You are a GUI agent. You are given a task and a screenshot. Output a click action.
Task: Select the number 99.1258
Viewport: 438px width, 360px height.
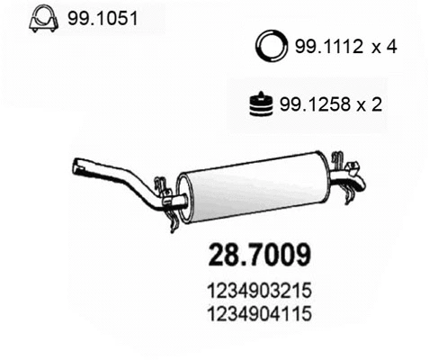tap(312, 104)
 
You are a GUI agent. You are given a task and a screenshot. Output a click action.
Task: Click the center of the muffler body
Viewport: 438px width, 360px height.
tap(255, 186)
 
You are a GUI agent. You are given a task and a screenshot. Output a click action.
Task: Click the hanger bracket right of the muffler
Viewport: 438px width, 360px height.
tap(341, 167)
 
